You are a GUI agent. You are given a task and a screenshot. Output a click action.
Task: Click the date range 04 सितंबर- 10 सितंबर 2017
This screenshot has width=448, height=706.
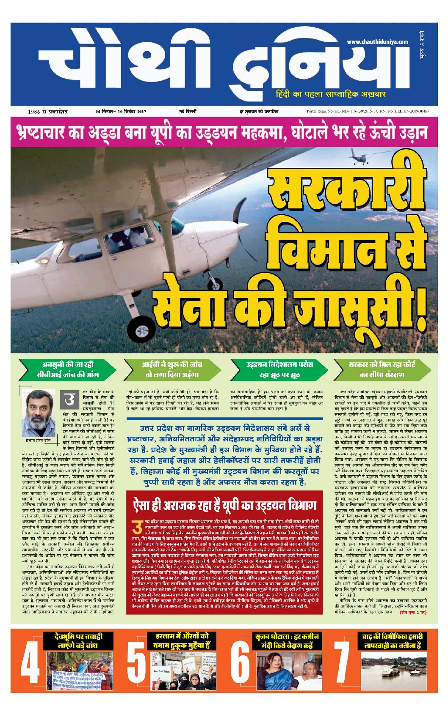point(121,112)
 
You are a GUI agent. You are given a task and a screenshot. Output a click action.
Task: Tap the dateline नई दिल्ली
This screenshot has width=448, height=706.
point(187,112)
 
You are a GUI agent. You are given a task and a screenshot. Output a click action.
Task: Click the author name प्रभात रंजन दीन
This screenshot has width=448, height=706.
point(38,440)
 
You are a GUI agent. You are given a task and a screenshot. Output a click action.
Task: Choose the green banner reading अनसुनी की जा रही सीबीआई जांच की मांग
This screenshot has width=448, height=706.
point(67,369)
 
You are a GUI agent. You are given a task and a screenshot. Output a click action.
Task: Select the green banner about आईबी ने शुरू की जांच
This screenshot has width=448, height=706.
point(171,369)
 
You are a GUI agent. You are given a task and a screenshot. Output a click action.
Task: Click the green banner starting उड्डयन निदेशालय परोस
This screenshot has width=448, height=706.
point(279,369)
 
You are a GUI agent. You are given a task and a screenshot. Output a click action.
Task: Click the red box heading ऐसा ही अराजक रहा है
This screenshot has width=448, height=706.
point(224,505)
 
